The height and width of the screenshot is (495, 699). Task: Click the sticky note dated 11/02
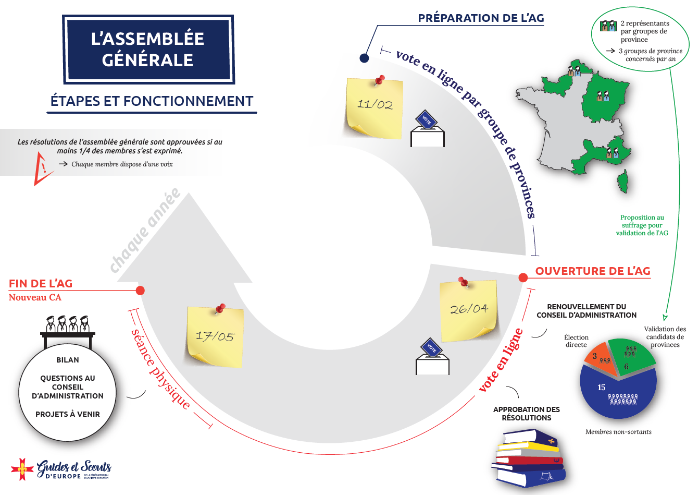pos(374,107)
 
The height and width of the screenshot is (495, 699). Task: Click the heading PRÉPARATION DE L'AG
pos(481,18)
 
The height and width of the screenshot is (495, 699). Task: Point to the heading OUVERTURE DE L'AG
pos(593,271)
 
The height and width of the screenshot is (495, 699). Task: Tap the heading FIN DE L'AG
pos(41,284)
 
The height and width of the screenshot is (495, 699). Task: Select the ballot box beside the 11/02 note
pos(428,130)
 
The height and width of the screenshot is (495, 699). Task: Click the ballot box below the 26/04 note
pos(432,358)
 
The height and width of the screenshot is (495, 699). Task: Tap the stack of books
pos(529,457)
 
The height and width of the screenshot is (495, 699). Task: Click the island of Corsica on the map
pos(622,180)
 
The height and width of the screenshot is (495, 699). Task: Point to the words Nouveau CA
pos(35,297)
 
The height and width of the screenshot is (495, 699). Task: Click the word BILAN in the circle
pos(68,360)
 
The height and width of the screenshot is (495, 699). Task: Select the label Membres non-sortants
pos(618,432)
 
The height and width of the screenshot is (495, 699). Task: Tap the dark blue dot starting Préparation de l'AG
pos(365,58)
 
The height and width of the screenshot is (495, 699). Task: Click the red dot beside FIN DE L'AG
pos(140,291)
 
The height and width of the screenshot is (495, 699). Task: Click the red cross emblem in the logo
pos(22,469)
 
